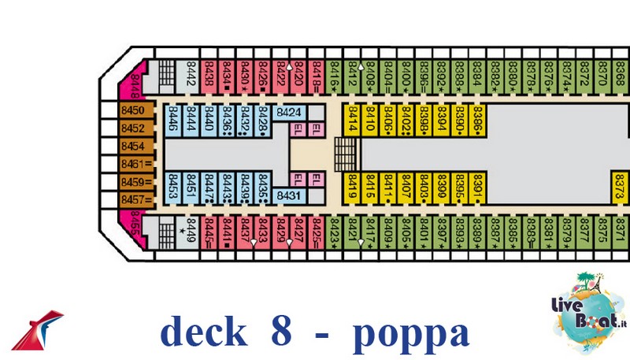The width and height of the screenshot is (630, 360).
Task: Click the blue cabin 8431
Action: [x=290, y=195]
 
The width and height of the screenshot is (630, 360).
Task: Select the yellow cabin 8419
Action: [x=352, y=188]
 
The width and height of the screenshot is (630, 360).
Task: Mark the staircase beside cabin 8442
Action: [x=166, y=76]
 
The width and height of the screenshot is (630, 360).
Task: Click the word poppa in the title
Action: [x=411, y=333]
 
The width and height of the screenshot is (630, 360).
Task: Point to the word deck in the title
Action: [x=203, y=333]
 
